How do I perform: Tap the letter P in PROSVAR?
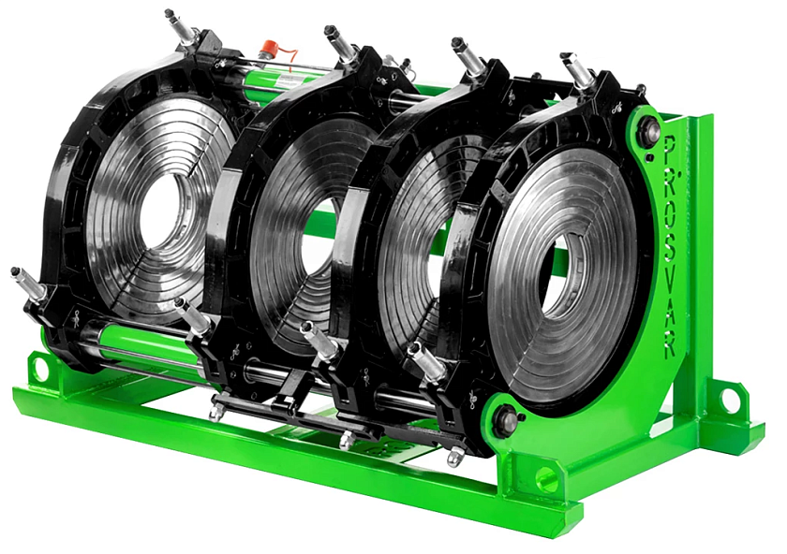click(x=670, y=144)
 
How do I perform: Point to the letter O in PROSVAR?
click(x=672, y=199)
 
